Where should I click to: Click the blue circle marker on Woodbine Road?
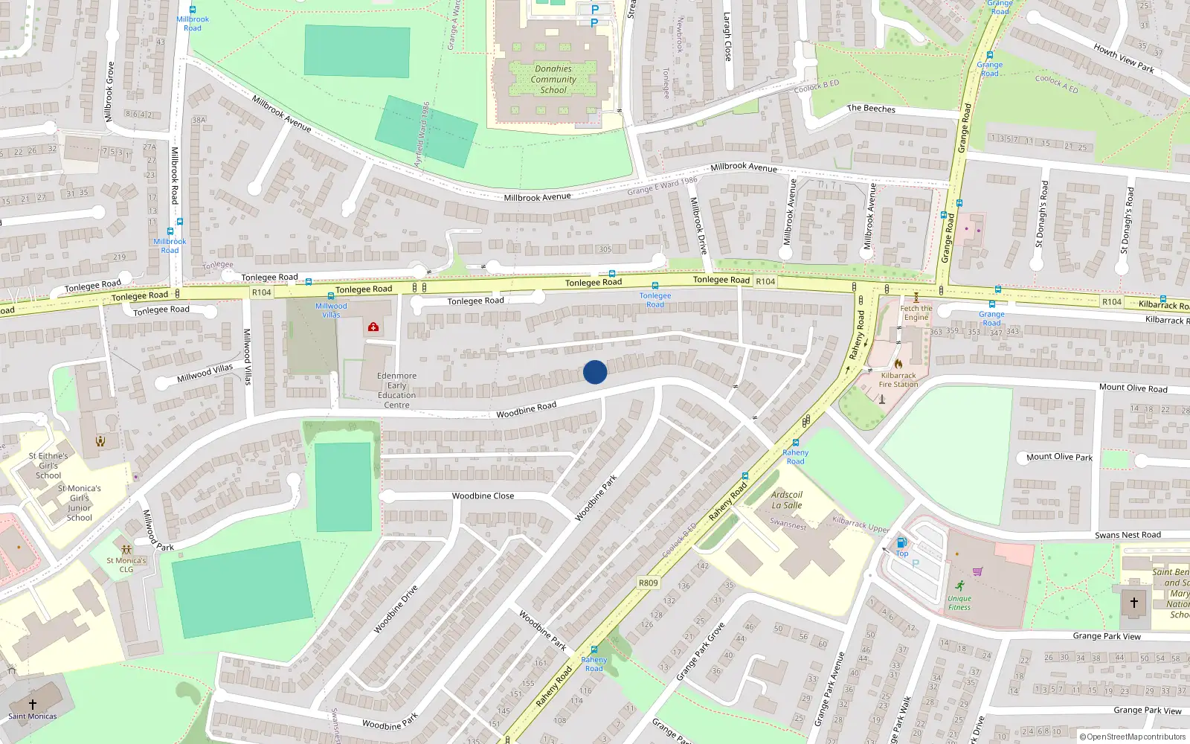click(x=595, y=372)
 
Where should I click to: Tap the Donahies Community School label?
click(x=553, y=80)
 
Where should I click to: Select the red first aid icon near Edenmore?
click(x=373, y=327)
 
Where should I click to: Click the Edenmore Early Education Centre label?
click(x=396, y=391)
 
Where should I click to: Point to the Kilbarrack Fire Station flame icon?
click(x=898, y=364)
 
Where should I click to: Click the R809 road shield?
click(x=648, y=583)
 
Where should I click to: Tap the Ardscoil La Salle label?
click(x=787, y=500)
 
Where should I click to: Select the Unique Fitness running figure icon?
click(x=960, y=586)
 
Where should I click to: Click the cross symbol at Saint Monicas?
click(x=33, y=704)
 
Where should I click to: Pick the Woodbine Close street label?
click(x=483, y=496)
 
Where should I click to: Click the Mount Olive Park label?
click(x=1059, y=457)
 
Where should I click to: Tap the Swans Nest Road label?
click(x=1128, y=535)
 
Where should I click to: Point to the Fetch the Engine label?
click(x=916, y=312)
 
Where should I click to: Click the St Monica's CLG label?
click(x=126, y=565)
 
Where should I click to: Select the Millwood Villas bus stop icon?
click(x=331, y=296)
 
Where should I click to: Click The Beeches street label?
click(x=871, y=109)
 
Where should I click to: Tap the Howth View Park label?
click(x=1124, y=59)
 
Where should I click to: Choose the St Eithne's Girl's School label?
click(x=48, y=466)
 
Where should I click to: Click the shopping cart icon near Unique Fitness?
click(x=977, y=571)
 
